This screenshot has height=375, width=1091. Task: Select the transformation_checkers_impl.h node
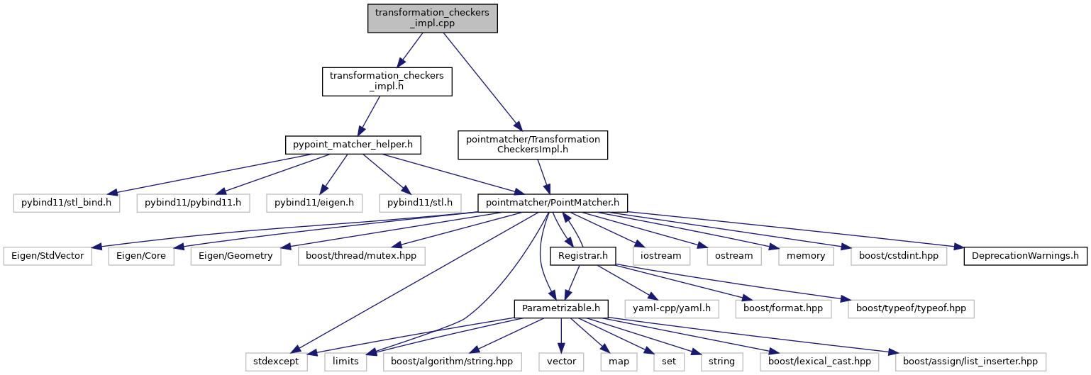tap(387, 82)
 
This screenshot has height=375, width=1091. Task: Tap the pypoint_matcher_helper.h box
tap(353, 145)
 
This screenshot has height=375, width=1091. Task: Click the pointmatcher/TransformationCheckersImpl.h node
tap(533, 145)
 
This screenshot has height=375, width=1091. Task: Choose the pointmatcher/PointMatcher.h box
tap(553, 203)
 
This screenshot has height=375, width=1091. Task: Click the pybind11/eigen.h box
tap(314, 203)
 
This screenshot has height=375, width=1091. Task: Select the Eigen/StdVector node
tap(47, 255)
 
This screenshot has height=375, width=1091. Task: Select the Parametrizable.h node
tap(561, 308)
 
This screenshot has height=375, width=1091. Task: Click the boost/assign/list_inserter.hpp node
tap(970, 361)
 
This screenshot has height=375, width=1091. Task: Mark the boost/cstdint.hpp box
tap(899, 255)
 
